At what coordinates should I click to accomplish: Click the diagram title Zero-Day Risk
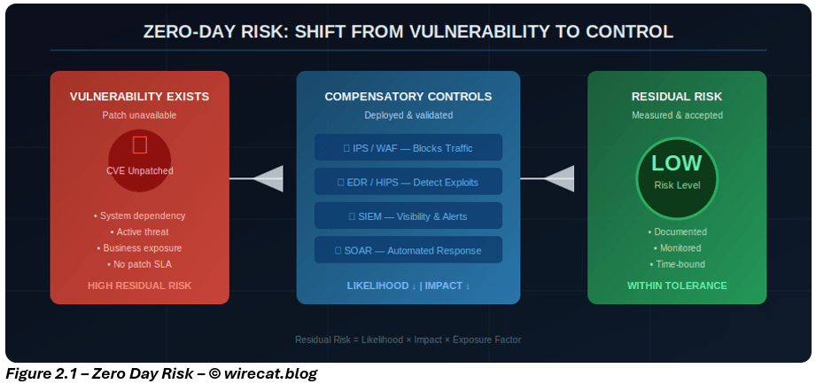(x=408, y=32)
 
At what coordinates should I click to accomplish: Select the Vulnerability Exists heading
(x=140, y=96)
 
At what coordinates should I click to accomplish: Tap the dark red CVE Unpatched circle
(x=140, y=161)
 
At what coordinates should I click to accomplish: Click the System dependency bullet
(x=140, y=216)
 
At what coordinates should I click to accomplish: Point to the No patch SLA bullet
(x=140, y=264)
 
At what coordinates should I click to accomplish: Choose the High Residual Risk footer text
(x=140, y=286)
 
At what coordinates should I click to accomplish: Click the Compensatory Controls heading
(x=408, y=96)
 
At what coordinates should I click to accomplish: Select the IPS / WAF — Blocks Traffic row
(x=408, y=147)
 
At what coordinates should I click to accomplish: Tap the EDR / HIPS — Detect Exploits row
(x=408, y=182)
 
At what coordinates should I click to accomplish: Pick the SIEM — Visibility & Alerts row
(x=408, y=216)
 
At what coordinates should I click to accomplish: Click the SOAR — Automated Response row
(x=408, y=250)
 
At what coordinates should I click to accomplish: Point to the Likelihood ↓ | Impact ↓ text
(x=408, y=286)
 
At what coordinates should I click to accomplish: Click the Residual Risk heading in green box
(x=677, y=96)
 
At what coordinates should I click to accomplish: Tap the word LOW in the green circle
(x=677, y=163)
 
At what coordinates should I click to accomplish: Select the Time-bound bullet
(x=677, y=264)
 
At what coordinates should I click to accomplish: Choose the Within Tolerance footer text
(x=677, y=286)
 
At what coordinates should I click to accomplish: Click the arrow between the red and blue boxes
(x=262, y=179)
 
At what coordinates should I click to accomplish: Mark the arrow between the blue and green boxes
(x=553, y=179)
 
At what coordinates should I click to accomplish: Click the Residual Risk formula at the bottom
(x=408, y=340)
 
